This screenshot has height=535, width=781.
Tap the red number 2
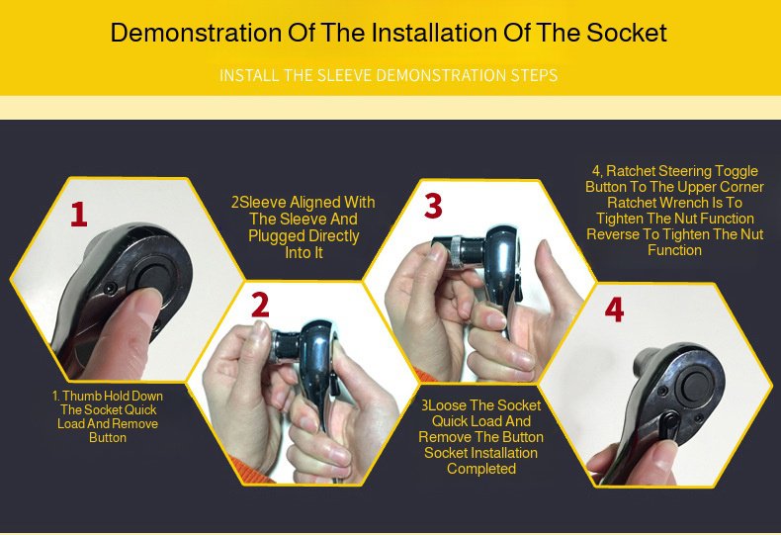coord(260,305)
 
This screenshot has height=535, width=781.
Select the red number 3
coord(433,206)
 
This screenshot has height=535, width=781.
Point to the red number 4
coord(614,310)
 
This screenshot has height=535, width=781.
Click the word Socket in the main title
coord(628,33)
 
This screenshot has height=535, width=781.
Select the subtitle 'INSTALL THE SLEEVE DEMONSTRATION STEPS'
coord(389,76)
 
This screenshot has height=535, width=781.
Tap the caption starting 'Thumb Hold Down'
coord(108,416)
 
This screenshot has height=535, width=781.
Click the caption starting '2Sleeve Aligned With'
coord(304,227)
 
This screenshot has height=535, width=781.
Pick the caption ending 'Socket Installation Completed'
coord(481,437)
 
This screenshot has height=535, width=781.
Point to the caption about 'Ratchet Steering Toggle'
coord(674,211)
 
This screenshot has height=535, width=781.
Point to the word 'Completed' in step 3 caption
coord(481,469)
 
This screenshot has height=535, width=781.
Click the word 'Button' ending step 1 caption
coord(108,437)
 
